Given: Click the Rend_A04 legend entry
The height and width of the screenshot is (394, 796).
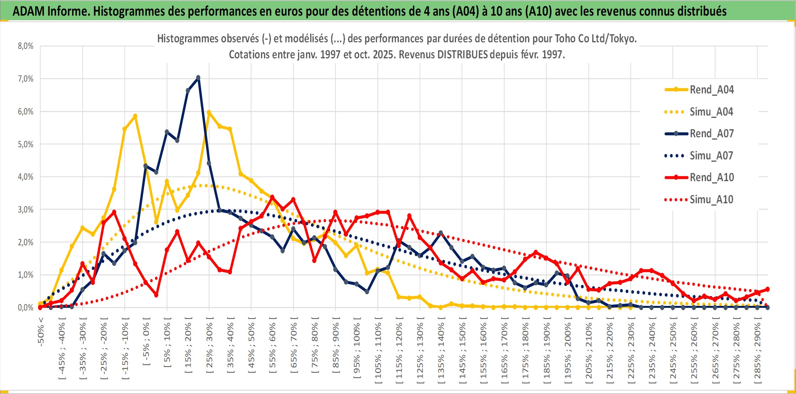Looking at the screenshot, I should (711, 90).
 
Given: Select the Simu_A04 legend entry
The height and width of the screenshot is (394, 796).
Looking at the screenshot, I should (711, 112).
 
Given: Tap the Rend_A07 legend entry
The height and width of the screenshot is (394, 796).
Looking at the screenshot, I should (711, 133).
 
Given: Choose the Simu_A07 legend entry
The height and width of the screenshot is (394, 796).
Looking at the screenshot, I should (711, 156).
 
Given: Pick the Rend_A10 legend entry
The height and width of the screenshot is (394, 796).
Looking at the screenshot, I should (711, 177).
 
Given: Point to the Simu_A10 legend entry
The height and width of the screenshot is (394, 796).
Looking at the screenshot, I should (711, 199).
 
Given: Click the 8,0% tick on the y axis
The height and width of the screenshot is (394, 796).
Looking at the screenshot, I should (26, 46).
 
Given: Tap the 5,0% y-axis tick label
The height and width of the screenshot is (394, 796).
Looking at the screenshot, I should (26, 144).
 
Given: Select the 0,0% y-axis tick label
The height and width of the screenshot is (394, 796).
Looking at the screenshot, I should (26, 307).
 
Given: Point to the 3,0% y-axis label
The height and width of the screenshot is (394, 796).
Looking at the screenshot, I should (26, 209).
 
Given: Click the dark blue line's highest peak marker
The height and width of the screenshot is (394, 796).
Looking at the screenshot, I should (198, 78).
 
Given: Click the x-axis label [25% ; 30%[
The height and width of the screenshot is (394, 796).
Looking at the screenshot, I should (209, 347).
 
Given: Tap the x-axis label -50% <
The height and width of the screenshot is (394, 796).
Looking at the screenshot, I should (41, 332).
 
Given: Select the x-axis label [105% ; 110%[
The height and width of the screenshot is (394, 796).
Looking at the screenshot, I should (378, 351).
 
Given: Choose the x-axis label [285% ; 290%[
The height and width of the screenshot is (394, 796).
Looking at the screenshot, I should (757, 351).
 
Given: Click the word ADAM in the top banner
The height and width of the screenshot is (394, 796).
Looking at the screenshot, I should (29, 11).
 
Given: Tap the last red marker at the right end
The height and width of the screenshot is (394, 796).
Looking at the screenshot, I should (767, 289).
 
